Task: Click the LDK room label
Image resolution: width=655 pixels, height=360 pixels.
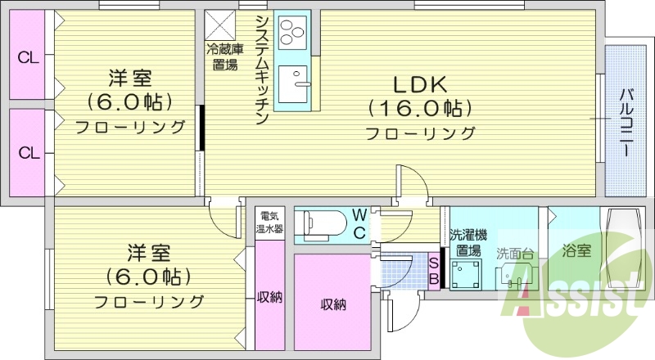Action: pos(420,83)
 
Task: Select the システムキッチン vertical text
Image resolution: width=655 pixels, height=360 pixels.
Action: pos(261,70)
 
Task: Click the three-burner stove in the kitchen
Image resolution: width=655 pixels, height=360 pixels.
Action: pos(291,33)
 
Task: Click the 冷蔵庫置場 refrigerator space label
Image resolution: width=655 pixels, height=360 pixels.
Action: pos(222,56)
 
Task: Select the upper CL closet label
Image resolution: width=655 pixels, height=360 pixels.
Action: pos(29,57)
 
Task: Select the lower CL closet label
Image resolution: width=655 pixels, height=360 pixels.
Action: pos(29,153)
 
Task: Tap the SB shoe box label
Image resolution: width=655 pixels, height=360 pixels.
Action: pos(435,270)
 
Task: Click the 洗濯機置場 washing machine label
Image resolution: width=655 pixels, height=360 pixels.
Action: pos(468,242)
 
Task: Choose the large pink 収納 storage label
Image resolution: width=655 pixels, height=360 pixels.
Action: pos(332,305)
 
